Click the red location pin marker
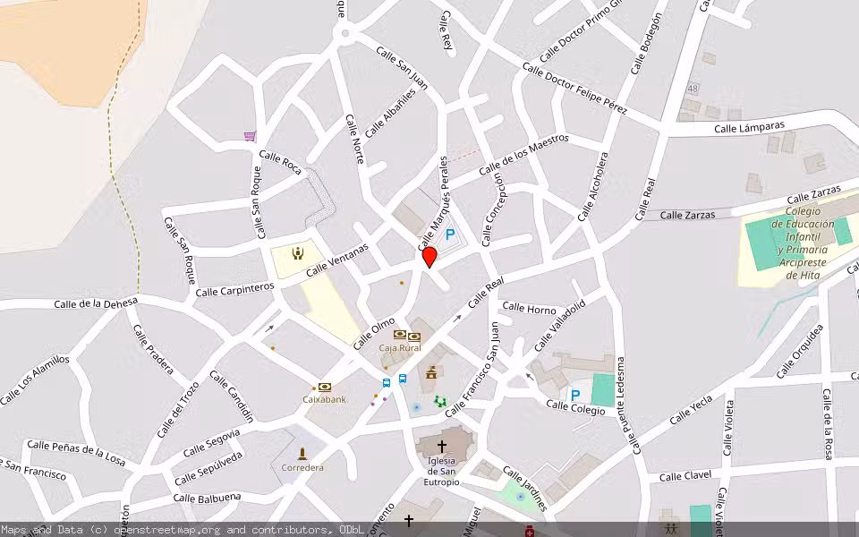[x=429, y=257]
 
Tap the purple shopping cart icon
[x=250, y=137]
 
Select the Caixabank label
[x=324, y=399]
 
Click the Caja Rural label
[x=400, y=347]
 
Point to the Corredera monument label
[x=302, y=467]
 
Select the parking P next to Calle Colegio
[x=575, y=395]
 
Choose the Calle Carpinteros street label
[x=234, y=289]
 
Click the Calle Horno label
[x=529, y=309]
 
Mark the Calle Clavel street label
[x=685, y=476]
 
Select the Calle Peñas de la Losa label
[x=76, y=450]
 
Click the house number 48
[x=692, y=89]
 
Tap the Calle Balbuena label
[x=207, y=498]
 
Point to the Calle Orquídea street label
[x=799, y=352]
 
